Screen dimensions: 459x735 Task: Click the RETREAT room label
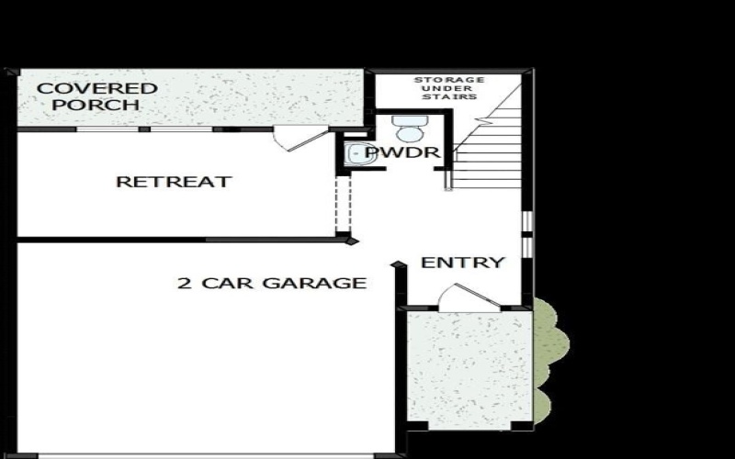tap(173, 182)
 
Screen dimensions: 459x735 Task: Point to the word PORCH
tap(96, 106)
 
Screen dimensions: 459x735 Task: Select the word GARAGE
tap(314, 283)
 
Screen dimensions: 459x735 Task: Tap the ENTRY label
tap(463, 263)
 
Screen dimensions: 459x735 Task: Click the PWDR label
tap(404, 152)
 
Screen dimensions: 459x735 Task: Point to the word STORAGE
tap(449, 80)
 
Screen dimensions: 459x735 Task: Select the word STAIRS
tap(457, 96)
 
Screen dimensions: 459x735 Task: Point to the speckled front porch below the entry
tap(469, 367)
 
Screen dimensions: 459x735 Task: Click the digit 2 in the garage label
tap(183, 283)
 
